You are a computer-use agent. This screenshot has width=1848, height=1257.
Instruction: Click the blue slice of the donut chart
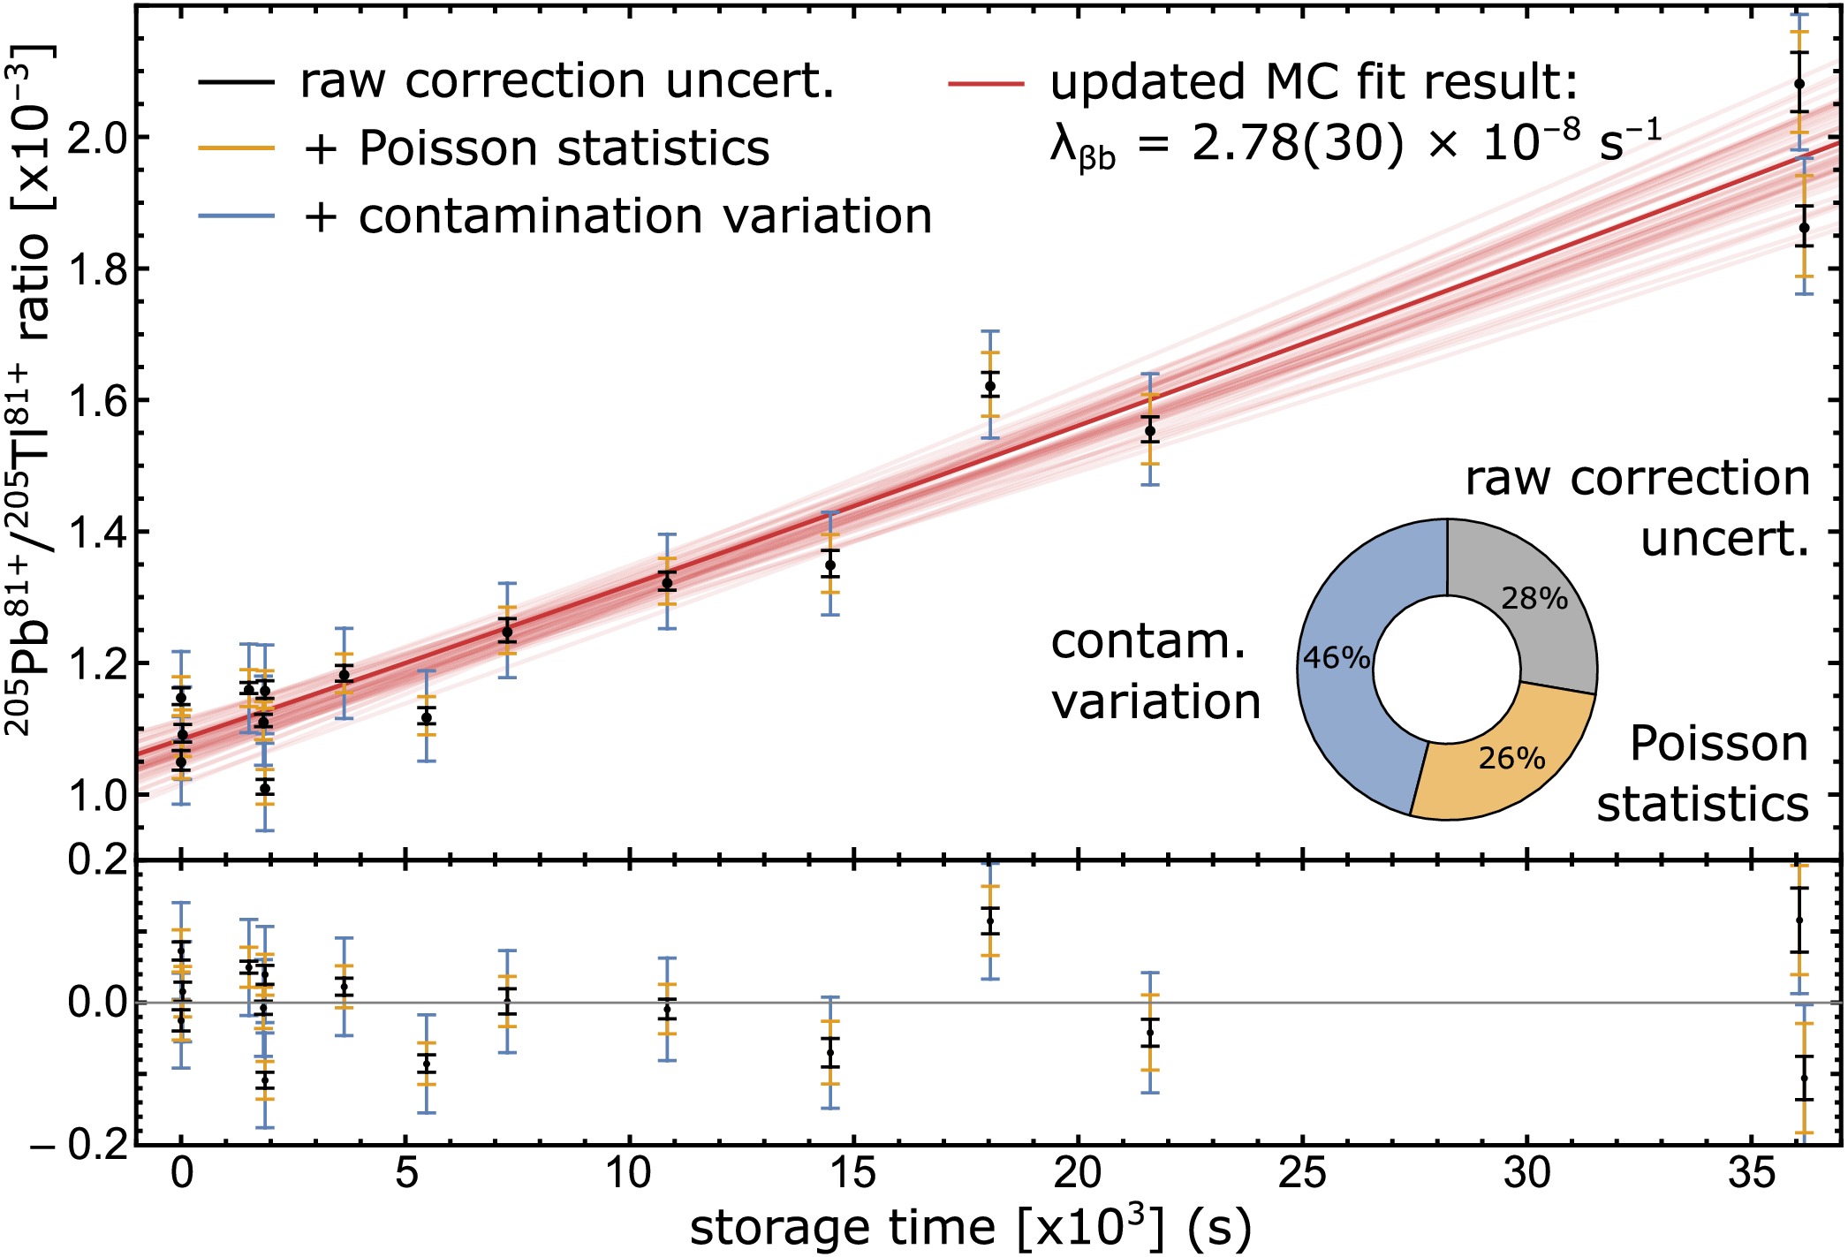1343,707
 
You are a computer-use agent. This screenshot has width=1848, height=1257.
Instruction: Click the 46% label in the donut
1337,658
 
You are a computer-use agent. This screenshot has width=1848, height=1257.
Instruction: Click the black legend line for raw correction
236,82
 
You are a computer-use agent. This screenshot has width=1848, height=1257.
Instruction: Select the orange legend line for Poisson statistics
236,148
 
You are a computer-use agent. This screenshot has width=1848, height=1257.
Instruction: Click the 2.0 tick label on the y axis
96,138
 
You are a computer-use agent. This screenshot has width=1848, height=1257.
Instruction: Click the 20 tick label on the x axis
1079,1174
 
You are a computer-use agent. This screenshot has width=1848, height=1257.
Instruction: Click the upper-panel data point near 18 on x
989,386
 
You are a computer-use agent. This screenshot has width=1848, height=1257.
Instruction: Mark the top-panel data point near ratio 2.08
1799,85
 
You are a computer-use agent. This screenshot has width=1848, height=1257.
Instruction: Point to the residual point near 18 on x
989,921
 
